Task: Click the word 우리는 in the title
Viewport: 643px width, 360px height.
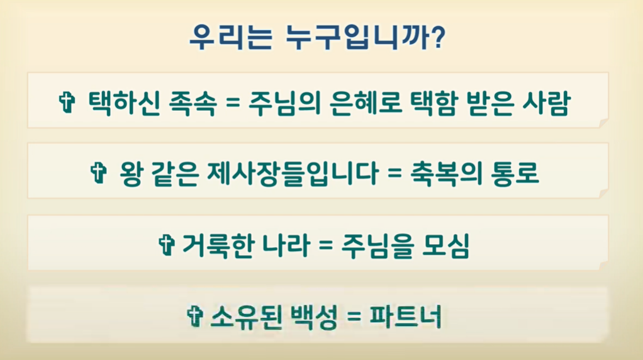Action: click(x=231, y=37)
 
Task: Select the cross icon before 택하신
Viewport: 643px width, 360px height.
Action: click(x=67, y=102)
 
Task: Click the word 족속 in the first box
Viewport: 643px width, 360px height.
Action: click(x=193, y=103)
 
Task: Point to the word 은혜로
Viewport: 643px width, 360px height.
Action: click(x=366, y=103)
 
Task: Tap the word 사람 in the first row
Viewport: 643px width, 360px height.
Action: click(x=547, y=103)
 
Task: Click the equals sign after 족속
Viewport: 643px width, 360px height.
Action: click(x=233, y=103)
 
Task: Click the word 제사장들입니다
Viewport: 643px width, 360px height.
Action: click(x=293, y=173)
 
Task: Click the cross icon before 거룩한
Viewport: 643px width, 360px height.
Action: click(x=167, y=245)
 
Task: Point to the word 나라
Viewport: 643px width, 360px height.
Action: click(x=286, y=245)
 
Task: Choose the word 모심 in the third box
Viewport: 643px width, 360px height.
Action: click(x=445, y=245)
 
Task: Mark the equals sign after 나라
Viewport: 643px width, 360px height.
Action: click(x=325, y=245)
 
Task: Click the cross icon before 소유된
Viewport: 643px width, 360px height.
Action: click(x=195, y=317)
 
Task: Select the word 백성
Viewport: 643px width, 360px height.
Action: click(x=314, y=317)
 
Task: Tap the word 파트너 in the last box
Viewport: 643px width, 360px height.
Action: click(x=406, y=317)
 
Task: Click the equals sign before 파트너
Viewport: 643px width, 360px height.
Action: click(x=354, y=317)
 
